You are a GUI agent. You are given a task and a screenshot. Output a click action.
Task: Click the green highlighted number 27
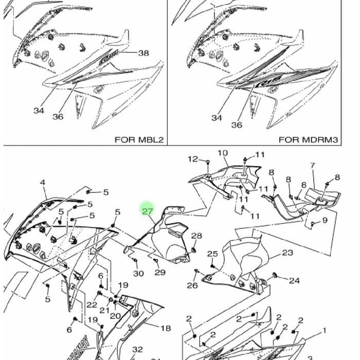pyautogui.click(x=148, y=210)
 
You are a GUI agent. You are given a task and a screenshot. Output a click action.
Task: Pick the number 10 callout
pyautogui.click(x=223, y=153)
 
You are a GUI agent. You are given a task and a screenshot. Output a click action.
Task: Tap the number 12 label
pyautogui.click(x=192, y=159)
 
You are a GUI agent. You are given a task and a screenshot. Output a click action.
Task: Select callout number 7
pyautogui.click(x=312, y=166)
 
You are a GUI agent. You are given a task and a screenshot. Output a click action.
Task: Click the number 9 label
pyautogui.click(x=325, y=221)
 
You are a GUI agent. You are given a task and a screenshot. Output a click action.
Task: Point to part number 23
pyautogui.click(x=287, y=253)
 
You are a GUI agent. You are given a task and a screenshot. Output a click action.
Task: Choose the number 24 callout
pyautogui.click(x=294, y=281)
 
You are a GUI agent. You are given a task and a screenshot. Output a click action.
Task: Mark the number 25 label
pyautogui.click(x=212, y=254)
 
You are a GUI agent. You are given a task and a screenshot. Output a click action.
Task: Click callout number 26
pyautogui.click(x=192, y=285)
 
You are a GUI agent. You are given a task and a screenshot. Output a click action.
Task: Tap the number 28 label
pyautogui.click(x=197, y=236)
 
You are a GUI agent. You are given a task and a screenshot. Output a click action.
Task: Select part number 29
pyautogui.click(x=160, y=273)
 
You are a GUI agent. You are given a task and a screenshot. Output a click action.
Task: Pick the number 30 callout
pyautogui.click(x=138, y=273)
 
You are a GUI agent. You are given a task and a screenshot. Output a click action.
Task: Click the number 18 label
pyautogui.click(x=166, y=328)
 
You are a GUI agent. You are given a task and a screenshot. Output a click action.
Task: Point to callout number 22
pyautogui.click(x=92, y=305)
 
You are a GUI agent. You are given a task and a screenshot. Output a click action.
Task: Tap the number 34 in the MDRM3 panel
pyautogui.click(x=217, y=118)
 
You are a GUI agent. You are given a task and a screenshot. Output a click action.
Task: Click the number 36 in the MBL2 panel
pyautogui.click(x=58, y=117)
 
